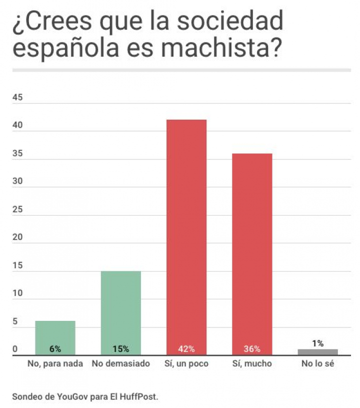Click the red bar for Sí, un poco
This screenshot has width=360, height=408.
186,235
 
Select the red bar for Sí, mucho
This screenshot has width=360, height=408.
251,253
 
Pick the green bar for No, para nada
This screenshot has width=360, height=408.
55,335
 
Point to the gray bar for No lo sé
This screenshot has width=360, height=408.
317,352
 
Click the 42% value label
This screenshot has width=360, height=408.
186,349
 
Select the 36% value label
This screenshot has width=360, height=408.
251,349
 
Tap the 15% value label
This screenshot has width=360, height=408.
120,349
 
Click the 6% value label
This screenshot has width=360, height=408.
55,349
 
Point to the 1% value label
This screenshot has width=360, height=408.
317,343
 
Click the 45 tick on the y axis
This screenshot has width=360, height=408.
17,98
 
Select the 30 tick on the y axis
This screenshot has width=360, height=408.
17,182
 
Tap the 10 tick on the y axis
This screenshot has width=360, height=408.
17,293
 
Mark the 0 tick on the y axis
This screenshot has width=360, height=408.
15,349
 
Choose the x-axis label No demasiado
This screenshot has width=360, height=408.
120,364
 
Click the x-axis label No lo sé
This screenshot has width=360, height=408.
317,364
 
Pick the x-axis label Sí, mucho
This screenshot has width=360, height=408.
251,364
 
